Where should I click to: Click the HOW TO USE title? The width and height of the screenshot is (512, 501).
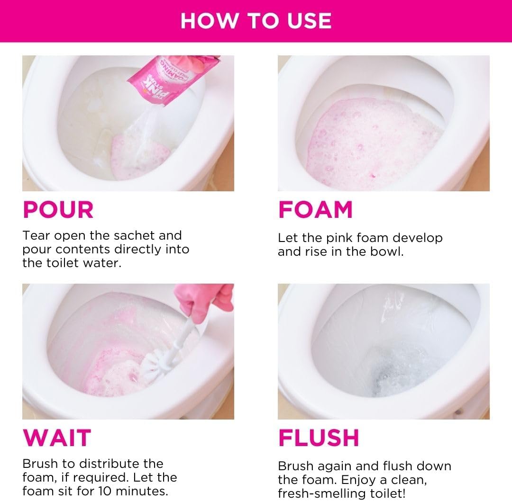[x=256, y=21]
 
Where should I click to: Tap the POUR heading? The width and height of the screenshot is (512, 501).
[x=58, y=210]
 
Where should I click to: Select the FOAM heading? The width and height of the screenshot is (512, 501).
[x=315, y=210]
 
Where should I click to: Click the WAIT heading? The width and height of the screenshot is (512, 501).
[x=56, y=438]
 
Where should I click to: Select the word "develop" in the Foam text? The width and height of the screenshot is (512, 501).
[x=417, y=238]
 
